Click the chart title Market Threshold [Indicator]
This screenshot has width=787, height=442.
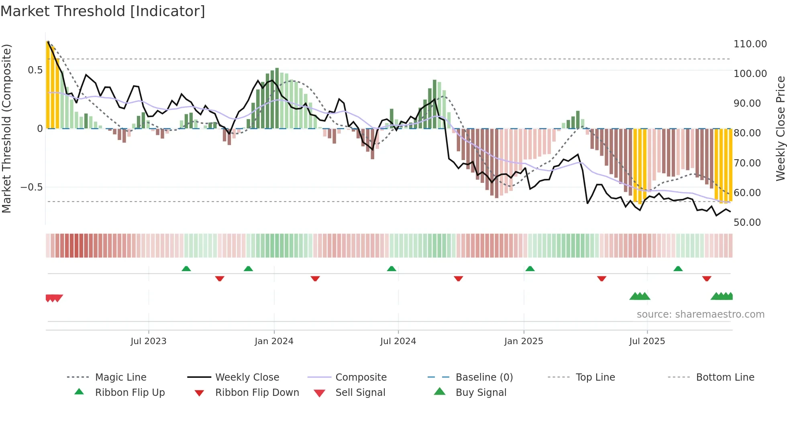(x=103, y=11)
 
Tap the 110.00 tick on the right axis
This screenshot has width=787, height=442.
(x=750, y=44)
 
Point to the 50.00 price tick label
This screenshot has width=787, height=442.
(x=747, y=223)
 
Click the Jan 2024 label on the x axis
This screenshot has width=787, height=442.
(x=274, y=341)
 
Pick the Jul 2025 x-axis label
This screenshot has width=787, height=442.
(x=647, y=341)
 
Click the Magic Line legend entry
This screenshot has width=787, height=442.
(x=120, y=377)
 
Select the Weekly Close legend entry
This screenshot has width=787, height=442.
(x=247, y=377)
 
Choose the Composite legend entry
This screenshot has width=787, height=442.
(x=361, y=377)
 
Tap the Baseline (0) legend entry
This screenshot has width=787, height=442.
(x=484, y=377)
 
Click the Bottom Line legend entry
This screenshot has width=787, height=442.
(x=725, y=377)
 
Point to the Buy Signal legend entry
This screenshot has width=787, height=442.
(x=481, y=393)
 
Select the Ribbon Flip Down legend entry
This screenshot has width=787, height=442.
(x=257, y=393)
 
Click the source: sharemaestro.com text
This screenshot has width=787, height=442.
(x=700, y=314)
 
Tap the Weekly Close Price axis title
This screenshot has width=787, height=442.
(x=780, y=128)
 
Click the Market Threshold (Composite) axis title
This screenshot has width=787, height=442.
(x=6, y=128)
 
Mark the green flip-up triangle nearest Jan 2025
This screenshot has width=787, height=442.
(x=530, y=269)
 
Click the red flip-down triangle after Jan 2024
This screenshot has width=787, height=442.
(x=315, y=278)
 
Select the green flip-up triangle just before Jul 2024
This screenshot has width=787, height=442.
(x=391, y=269)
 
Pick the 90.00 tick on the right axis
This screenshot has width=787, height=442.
(x=747, y=103)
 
